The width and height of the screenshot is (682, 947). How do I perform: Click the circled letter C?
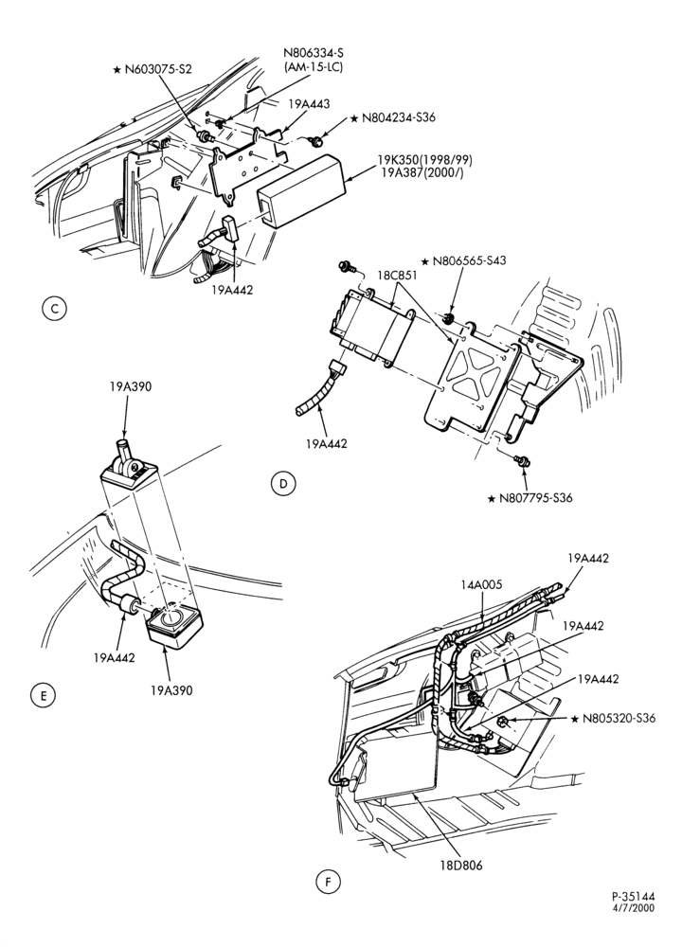click(x=54, y=310)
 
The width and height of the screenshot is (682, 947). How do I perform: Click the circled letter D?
click(x=282, y=483)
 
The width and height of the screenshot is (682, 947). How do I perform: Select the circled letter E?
click(x=43, y=695)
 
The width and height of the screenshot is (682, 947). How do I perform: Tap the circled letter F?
click(x=328, y=883)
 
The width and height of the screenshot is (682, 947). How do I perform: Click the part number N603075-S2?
click(x=158, y=69)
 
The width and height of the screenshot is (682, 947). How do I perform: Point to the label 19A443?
click(x=309, y=104)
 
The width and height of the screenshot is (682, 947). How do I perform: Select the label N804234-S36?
click(x=399, y=117)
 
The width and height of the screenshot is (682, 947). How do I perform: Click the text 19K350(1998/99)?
click(x=424, y=160)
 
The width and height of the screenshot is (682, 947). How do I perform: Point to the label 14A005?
click(x=481, y=584)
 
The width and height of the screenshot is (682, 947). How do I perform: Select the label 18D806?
click(x=461, y=865)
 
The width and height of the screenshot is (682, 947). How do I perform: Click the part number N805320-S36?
click(x=619, y=719)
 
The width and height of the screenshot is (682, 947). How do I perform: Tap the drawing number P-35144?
click(x=633, y=897)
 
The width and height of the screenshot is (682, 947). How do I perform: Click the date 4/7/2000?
click(x=635, y=908)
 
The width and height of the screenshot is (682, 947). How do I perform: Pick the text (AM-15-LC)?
click(x=314, y=66)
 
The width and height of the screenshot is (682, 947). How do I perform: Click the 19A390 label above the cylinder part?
click(x=131, y=387)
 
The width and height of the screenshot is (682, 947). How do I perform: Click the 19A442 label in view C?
click(x=233, y=289)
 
